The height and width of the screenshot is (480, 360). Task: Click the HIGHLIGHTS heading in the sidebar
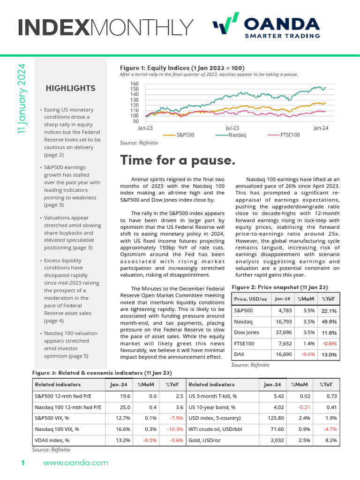[70, 88]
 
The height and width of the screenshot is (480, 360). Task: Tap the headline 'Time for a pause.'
[178, 160]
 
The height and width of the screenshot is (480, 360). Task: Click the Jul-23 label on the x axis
[232, 127]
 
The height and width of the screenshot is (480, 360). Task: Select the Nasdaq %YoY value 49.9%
[328, 322]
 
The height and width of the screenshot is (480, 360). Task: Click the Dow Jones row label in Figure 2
[247, 332]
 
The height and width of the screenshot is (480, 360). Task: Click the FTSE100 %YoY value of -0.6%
[329, 344]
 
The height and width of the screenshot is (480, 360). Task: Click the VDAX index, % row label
[52, 440]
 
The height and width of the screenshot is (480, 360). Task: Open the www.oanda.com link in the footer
[75, 463]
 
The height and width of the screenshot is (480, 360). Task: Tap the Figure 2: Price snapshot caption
[280, 287]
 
